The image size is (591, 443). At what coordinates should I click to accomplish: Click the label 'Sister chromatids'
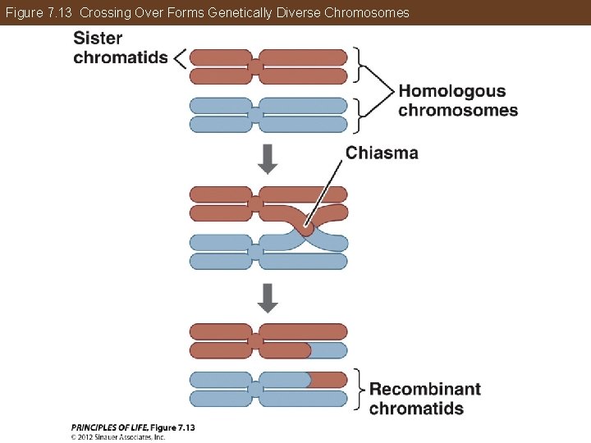[120, 48]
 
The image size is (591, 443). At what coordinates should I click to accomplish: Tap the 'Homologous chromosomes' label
[457, 101]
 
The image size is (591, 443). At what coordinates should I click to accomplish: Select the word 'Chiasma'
[382, 153]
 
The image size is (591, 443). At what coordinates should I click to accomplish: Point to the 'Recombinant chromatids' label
[424, 399]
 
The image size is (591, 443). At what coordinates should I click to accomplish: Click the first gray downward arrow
[268, 158]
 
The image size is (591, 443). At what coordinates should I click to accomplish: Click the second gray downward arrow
[268, 297]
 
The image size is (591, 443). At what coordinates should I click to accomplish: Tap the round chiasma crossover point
[305, 227]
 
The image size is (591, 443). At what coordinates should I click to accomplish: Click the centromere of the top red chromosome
[255, 66]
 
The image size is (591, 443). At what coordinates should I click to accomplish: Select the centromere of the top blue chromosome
[255, 115]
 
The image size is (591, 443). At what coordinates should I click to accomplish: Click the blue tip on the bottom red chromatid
[328, 350]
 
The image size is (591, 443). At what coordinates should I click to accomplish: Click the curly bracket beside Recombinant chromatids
[359, 389]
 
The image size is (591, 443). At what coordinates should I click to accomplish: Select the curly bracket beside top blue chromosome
[358, 115]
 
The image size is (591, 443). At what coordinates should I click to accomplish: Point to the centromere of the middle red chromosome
[255, 203]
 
